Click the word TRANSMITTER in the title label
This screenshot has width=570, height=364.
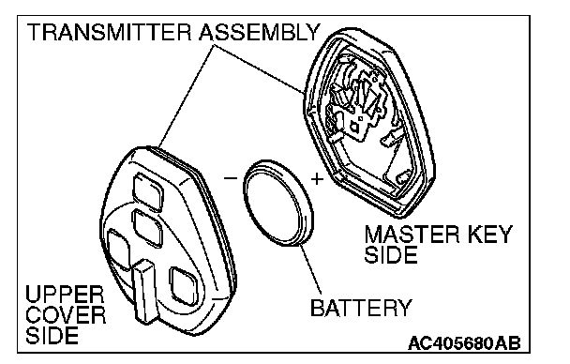109,32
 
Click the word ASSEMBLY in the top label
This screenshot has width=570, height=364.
259,32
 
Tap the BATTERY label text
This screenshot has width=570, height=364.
361,308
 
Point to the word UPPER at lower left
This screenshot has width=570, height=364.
65,295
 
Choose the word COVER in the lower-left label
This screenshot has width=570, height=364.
66,315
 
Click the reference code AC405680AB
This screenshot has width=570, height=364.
464,343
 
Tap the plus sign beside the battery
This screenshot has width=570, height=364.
317,179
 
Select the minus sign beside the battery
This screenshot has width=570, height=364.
230,178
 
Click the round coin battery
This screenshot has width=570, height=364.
278,203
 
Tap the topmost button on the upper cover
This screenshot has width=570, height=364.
147,191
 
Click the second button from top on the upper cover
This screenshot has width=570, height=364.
147,228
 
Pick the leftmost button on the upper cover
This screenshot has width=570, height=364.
119,250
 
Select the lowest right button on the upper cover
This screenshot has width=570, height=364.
185,286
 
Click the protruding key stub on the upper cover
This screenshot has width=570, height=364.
145,291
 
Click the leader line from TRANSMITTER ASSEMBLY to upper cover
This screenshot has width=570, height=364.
187,97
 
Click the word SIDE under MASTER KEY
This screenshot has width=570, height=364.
391,254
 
